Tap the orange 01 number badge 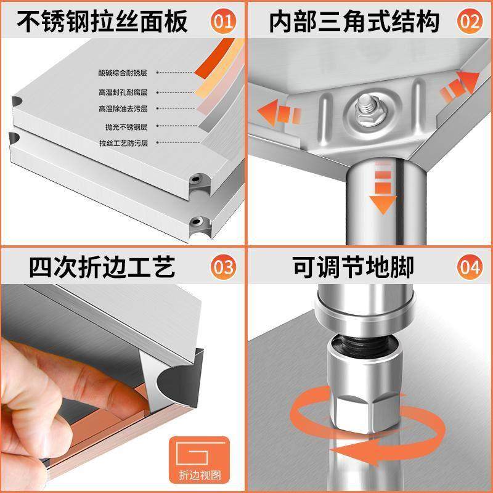coord(223,22)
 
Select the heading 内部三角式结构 coord(354,22)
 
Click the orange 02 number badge coord(470,22)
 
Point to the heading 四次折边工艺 coord(102,267)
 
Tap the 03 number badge coord(223,267)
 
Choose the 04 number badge coord(470,267)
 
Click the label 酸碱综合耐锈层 coord(122,73)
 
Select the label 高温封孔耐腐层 coord(122,92)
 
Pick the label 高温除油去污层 coord(122,109)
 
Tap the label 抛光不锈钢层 coord(126,126)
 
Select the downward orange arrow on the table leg coord(383,191)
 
